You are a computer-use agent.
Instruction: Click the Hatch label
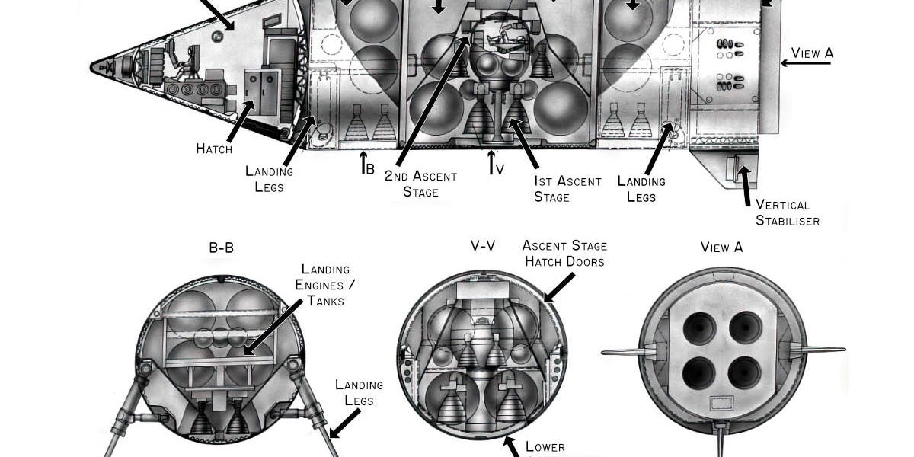[x=214, y=149]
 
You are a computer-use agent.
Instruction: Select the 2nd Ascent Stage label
[x=420, y=184]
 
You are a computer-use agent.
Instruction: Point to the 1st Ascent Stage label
[x=567, y=189]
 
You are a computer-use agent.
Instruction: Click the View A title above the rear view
[x=721, y=248]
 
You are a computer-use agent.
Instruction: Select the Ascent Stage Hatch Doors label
[x=564, y=254]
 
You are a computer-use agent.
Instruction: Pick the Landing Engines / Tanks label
[x=325, y=285]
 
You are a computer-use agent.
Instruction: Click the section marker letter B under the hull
[x=369, y=168]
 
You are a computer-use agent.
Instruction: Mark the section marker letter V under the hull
[x=499, y=168]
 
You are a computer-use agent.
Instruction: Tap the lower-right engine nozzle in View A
[x=743, y=372]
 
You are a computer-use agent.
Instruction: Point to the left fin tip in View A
[x=604, y=352]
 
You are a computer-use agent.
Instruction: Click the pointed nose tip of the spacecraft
[x=92, y=66]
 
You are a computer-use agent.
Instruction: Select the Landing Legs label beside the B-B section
[x=354, y=391]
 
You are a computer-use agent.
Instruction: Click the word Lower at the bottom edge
[x=545, y=446]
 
